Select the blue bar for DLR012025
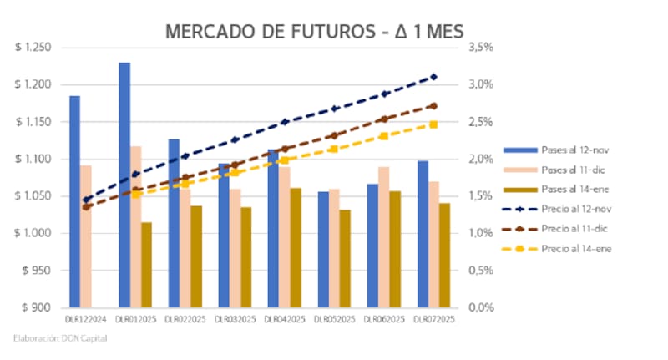click(x=124, y=184)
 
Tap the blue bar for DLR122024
click(x=74, y=200)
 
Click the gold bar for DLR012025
click(x=147, y=264)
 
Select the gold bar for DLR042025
click(x=296, y=247)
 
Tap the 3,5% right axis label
click(x=483, y=48)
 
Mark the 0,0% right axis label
click(x=483, y=307)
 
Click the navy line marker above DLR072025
click(x=433, y=77)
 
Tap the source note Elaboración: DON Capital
click(x=60, y=338)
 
